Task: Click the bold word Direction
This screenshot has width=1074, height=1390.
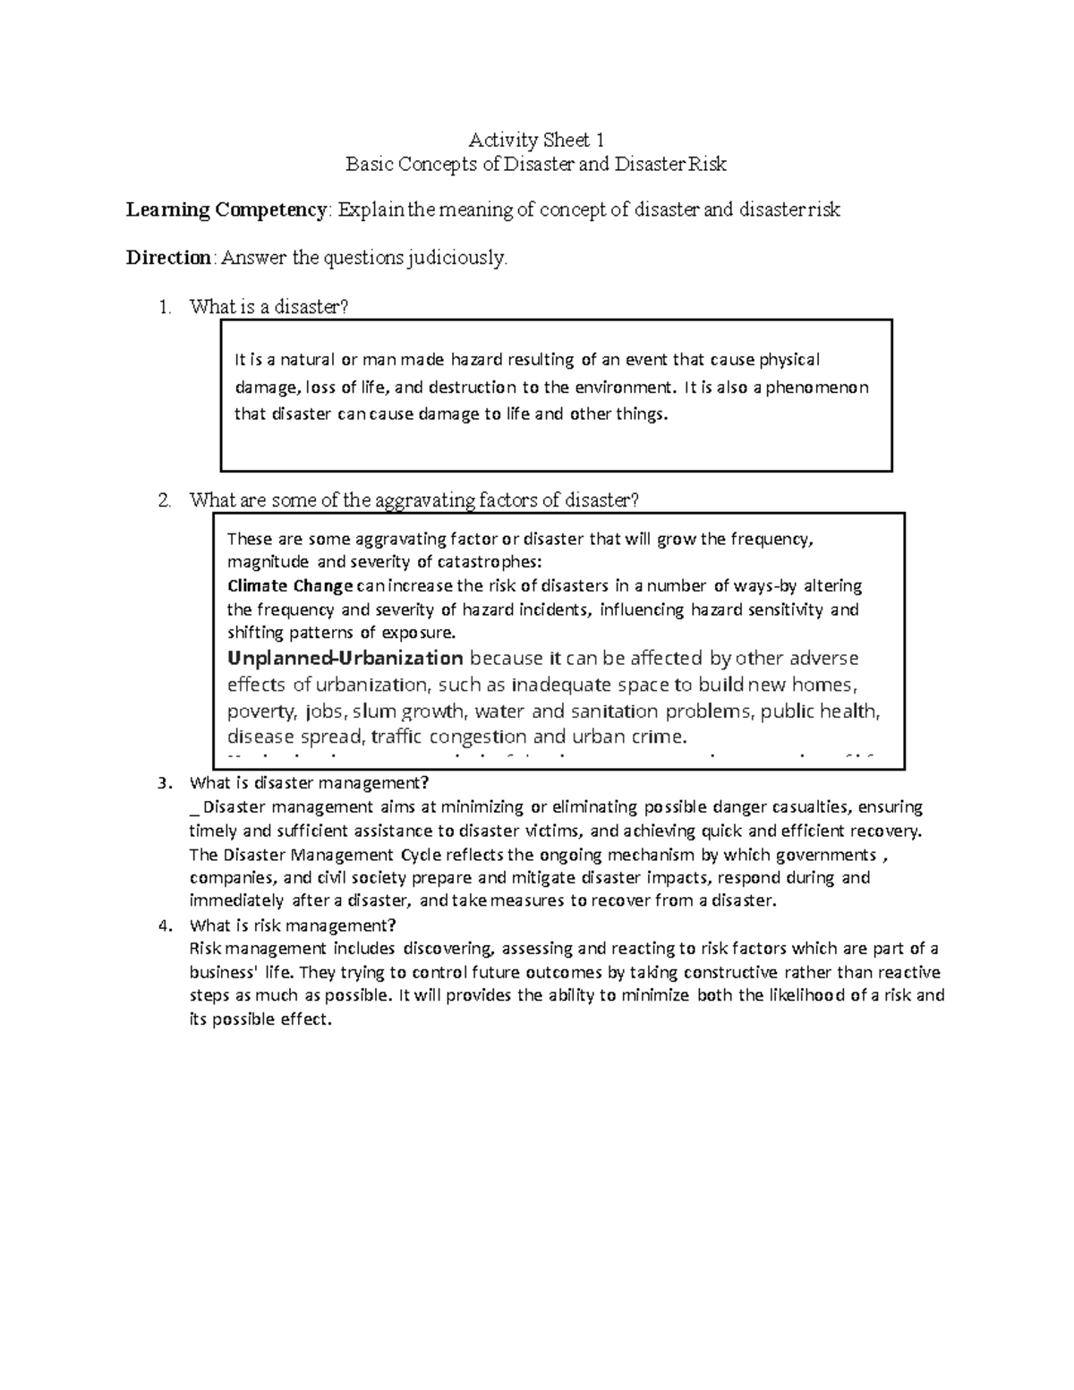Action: coord(167,259)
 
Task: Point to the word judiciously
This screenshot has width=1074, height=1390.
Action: coord(456,259)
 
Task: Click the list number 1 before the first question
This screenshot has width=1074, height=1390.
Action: coord(163,307)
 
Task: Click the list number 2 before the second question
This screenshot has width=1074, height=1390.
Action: coord(163,500)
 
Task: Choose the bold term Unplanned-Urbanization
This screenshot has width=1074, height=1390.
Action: coord(345,659)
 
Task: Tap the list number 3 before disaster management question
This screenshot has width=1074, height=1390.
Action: coord(163,783)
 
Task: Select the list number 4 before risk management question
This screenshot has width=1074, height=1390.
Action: coord(163,925)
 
